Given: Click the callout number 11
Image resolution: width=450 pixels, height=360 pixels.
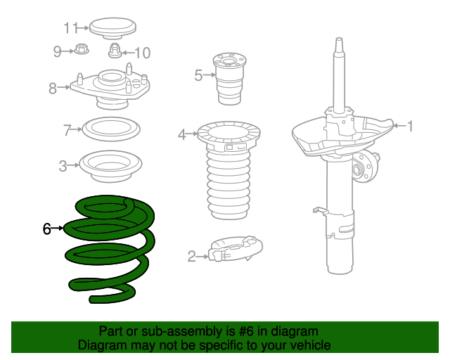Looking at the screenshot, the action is click(x=70, y=28).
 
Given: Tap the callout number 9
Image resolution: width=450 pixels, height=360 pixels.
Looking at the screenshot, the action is click(x=58, y=51).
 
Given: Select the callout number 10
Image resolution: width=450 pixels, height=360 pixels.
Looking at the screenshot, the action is click(x=142, y=53).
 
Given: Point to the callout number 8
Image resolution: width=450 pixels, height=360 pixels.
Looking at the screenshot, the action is click(x=53, y=88).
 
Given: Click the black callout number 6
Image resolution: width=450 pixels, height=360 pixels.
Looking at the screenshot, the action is click(x=47, y=229).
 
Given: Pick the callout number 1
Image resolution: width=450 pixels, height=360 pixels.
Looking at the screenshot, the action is click(x=411, y=126).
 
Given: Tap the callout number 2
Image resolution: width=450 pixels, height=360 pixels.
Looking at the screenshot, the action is click(x=192, y=256).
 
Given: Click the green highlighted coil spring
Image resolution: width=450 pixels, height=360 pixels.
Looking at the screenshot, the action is click(x=110, y=249).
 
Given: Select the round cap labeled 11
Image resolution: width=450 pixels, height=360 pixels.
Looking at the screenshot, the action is click(x=112, y=29).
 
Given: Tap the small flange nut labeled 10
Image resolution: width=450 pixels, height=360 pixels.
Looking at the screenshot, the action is click(x=115, y=51).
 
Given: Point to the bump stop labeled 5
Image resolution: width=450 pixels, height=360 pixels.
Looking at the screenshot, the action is click(x=229, y=79).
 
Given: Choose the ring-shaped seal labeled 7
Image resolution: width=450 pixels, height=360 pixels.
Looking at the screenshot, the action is click(x=111, y=129).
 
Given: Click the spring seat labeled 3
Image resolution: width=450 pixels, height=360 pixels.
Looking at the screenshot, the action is click(x=110, y=166).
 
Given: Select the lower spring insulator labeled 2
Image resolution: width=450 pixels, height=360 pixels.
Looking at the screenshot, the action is click(x=236, y=249).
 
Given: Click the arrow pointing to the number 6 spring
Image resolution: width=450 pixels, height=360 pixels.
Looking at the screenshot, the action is click(x=57, y=229).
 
